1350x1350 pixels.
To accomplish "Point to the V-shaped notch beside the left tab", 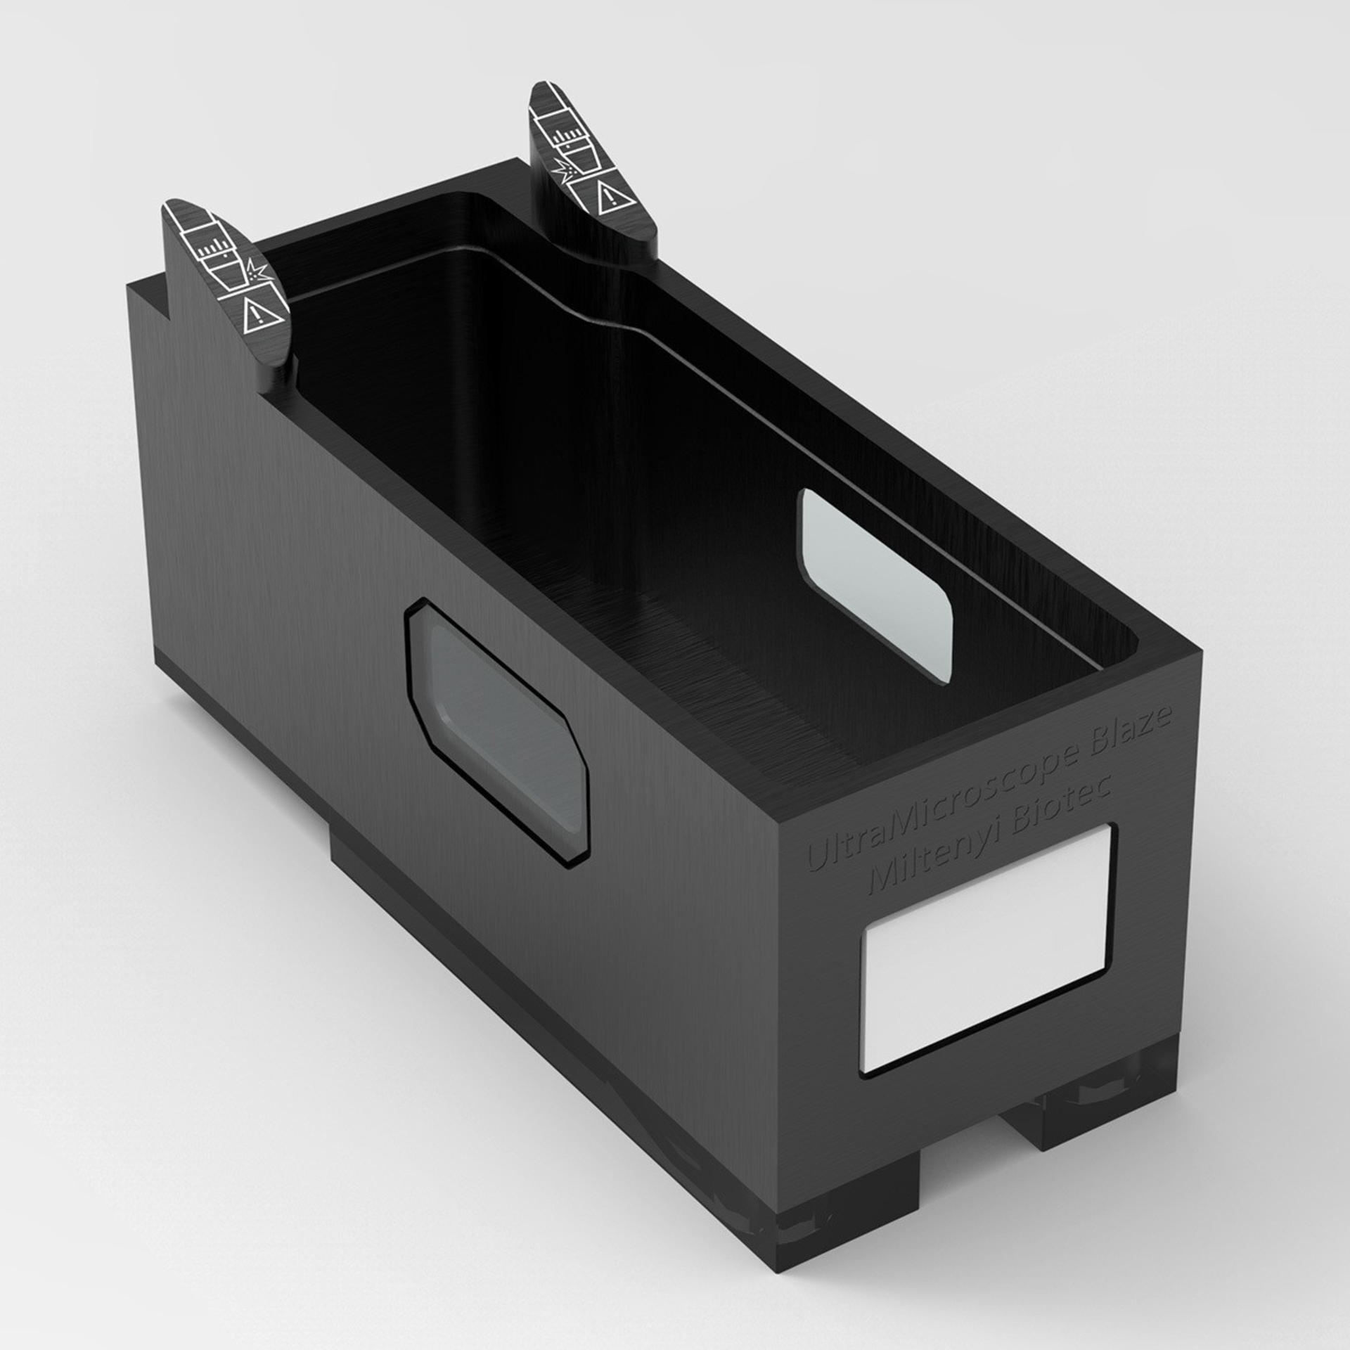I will [x=156, y=302].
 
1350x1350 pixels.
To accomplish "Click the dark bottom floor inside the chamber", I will [x=703, y=661].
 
